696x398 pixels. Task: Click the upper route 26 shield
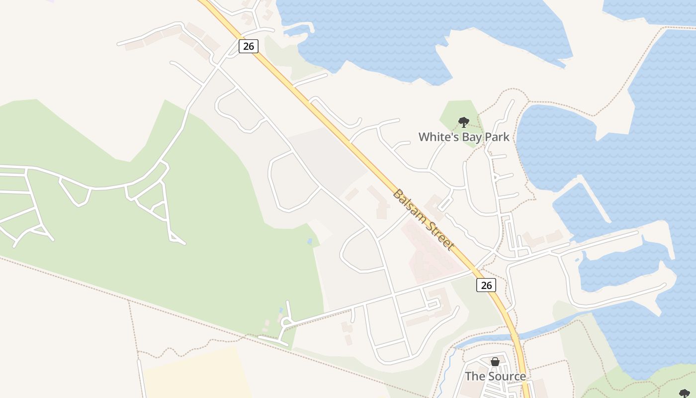click(x=248, y=46)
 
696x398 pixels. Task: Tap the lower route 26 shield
click(x=486, y=285)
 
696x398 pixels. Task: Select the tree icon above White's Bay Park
click(x=463, y=122)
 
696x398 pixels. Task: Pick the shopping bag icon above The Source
click(x=495, y=362)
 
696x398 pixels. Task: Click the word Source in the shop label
click(x=507, y=376)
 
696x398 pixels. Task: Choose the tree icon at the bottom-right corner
click(x=685, y=394)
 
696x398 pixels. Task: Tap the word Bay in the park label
click(x=470, y=137)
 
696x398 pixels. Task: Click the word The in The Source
click(x=474, y=376)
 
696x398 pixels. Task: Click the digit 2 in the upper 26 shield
click(x=245, y=46)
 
